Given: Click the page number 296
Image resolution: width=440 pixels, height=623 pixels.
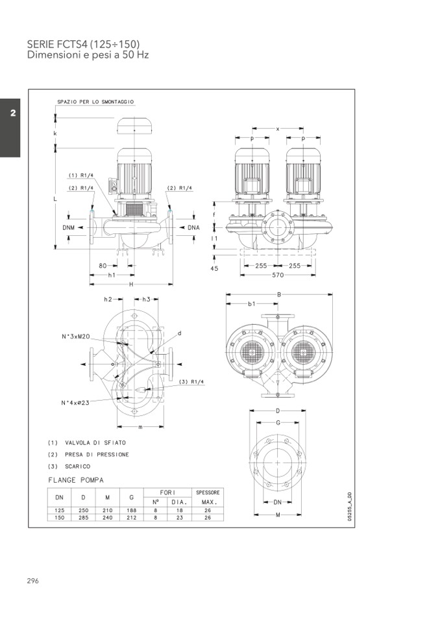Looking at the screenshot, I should (33, 581).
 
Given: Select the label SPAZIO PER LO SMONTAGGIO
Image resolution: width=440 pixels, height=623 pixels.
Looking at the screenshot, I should (95, 102).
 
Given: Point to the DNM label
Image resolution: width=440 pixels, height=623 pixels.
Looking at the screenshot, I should (69, 228).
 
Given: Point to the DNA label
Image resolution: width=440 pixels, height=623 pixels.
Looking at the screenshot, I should (193, 228).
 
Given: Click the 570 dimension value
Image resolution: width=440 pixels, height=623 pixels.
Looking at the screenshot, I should (277, 275).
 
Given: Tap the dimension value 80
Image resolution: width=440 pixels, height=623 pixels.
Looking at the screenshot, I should (103, 266).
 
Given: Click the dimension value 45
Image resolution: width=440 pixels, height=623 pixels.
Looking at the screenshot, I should (214, 268).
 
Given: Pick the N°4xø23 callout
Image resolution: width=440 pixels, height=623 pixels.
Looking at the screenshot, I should (75, 403).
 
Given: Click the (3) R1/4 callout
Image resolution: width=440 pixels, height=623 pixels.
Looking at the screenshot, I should (191, 381).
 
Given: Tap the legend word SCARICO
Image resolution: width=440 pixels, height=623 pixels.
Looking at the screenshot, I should (78, 466).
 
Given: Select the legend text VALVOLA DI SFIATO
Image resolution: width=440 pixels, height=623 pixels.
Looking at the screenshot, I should (95, 442).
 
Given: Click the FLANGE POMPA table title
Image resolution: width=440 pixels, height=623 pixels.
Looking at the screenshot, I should (76, 481).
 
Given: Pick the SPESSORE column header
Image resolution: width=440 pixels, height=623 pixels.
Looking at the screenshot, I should (208, 492).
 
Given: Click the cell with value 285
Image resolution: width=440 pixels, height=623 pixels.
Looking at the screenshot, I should (82, 518).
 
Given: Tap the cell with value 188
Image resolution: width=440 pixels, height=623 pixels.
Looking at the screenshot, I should (132, 511).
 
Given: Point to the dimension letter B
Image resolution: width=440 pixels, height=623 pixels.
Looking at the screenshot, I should (278, 294).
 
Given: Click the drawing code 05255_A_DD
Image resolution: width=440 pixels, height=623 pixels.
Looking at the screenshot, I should (349, 507).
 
